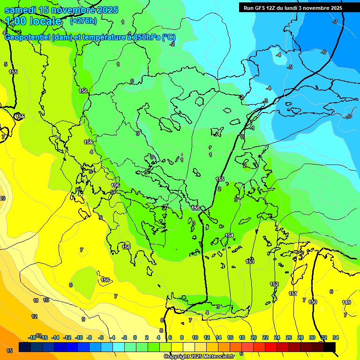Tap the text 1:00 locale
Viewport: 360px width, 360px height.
33,21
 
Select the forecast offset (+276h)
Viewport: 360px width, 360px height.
83,21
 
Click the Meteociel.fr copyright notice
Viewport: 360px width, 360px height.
199,357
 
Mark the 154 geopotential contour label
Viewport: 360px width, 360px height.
229,235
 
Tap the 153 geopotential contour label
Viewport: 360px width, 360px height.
250,261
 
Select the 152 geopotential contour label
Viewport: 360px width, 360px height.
274,284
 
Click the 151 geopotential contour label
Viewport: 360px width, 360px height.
292,293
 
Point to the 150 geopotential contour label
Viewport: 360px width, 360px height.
313,302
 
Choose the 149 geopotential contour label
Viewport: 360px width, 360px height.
346,302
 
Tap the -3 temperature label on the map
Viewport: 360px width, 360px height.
265,101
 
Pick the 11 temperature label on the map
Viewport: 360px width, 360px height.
36,300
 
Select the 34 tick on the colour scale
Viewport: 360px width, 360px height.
335,337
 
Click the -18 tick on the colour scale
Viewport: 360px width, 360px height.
32,337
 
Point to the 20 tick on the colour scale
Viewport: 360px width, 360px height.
254,337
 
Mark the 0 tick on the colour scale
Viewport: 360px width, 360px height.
135,337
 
